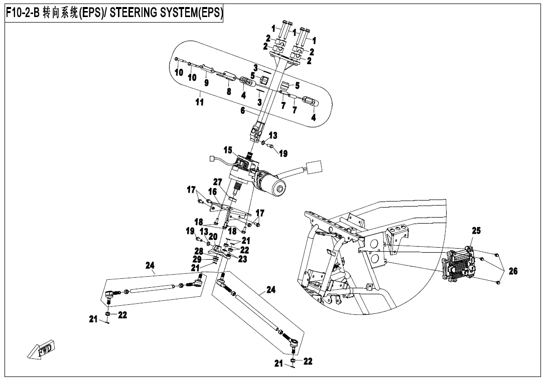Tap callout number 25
pyautogui.click(x=476, y=231)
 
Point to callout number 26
pyautogui.click(x=512, y=271)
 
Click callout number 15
pyautogui.click(x=228, y=150)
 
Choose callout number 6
pyautogui.click(x=242, y=111)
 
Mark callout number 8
pyautogui.click(x=228, y=92)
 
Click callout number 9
pyautogui.click(x=206, y=82)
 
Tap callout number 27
pyautogui.click(x=217, y=181)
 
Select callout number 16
pyautogui.click(x=212, y=192)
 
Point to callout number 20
pyautogui.click(x=212, y=237)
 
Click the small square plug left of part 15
pyautogui.click(x=211, y=160)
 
